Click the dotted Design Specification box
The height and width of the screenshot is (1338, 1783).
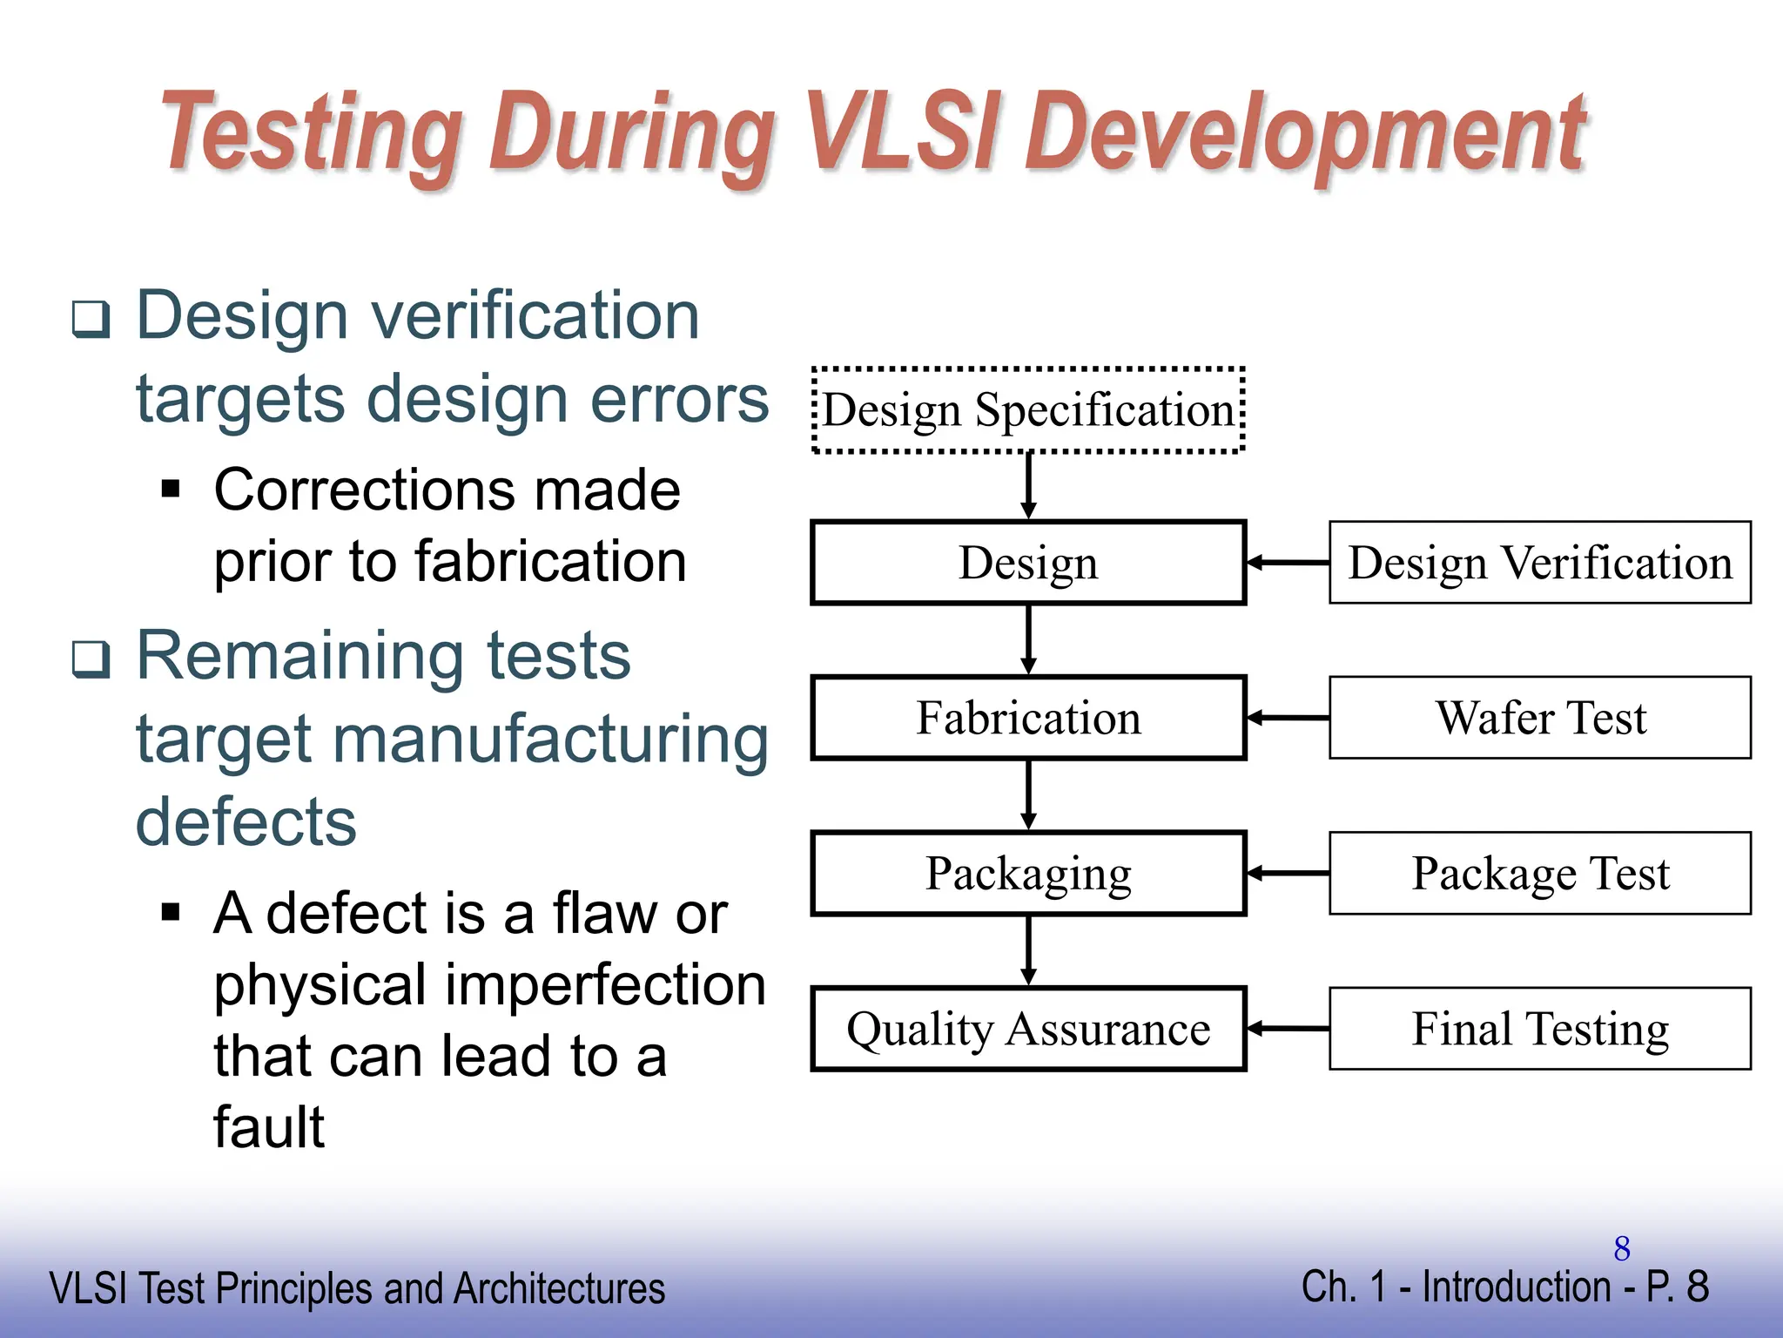tap(1028, 410)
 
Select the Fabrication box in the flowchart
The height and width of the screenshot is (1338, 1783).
tap(1028, 718)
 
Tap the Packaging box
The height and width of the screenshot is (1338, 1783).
tap(1028, 873)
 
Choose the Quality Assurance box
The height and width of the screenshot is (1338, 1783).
tap(1028, 1029)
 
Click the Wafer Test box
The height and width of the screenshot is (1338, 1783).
tap(1539, 718)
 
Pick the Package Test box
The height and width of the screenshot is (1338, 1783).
tap(1539, 873)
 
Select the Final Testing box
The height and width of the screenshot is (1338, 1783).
tap(1539, 1029)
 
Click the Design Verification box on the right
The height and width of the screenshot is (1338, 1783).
tap(1539, 563)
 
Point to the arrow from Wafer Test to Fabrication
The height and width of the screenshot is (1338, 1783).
tap(1288, 718)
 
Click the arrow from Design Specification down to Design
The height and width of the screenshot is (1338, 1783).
tap(1028, 486)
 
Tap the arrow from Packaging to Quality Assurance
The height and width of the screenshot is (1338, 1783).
tap(1028, 950)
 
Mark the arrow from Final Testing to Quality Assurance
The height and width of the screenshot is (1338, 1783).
tap(1288, 1029)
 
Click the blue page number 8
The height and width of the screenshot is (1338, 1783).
tap(1621, 1249)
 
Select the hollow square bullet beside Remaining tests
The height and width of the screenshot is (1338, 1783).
tap(91, 659)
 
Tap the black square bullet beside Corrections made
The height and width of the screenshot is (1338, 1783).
tap(171, 488)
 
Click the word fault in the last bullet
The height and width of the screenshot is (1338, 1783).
tap(268, 1127)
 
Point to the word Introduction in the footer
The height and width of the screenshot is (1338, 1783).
tap(1516, 1287)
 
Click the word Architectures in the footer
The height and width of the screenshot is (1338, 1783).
tap(559, 1289)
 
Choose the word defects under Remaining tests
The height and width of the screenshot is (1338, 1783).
tap(246, 822)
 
